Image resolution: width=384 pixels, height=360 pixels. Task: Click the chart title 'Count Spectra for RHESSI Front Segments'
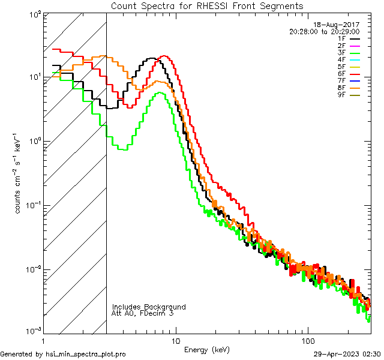pos(207,5)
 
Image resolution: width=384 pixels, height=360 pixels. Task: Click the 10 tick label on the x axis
pos(175,341)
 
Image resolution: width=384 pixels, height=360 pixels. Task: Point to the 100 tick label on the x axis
pos(308,341)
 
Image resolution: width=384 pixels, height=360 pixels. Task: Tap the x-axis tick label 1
pos(43,341)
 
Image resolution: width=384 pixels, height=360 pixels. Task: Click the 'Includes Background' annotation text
pos(149,307)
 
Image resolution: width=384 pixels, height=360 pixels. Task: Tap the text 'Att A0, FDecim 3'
pos(143,313)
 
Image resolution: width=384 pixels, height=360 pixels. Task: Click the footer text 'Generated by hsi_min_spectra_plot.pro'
pos(63,354)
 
